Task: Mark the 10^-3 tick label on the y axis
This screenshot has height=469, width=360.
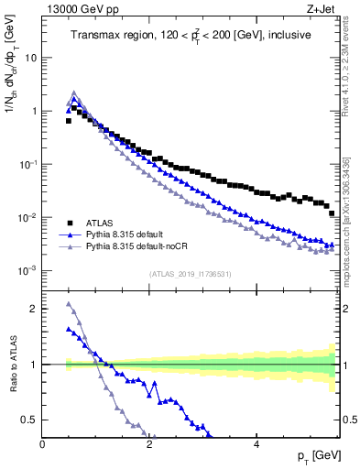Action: [x=27, y=271]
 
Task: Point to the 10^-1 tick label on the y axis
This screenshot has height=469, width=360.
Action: [x=27, y=164]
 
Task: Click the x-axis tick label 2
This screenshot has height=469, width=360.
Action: [x=149, y=444]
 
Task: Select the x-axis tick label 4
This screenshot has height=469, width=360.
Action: [x=256, y=444]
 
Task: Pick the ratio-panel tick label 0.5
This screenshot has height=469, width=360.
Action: [x=29, y=420]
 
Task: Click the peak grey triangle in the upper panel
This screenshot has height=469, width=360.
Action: [x=74, y=93]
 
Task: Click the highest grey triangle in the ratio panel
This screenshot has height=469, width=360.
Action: [x=69, y=304]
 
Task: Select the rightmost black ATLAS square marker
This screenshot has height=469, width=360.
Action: [x=332, y=213]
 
